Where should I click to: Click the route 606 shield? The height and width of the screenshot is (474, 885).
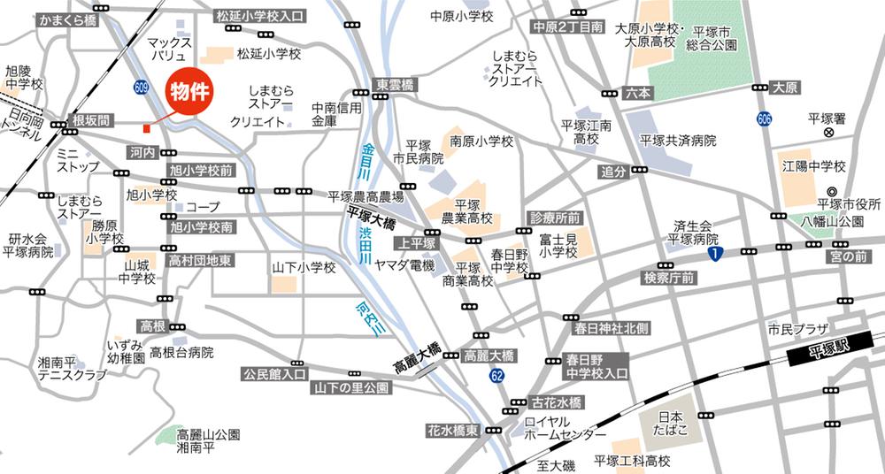pos(764,118)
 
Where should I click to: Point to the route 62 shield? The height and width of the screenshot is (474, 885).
pos(498,377)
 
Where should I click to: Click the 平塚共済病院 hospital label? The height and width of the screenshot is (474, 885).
pos(678,140)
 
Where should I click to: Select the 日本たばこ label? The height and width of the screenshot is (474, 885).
pos(670,424)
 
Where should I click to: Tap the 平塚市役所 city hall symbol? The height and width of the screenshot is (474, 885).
pos(831,192)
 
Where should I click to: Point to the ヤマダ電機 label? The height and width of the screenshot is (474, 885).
pos(405,265)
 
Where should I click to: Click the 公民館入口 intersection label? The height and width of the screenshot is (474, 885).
pos(274,375)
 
